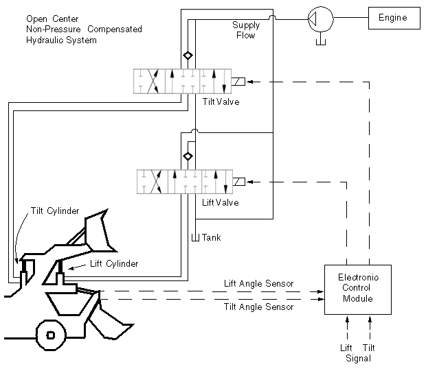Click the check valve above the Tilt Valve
[x=188, y=56]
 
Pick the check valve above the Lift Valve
[x=188, y=156]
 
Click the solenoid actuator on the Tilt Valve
[x=238, y=82]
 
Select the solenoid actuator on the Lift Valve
[x=239, y=182]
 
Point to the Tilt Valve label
[x=221, y=101]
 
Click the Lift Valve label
[x=221, y=202]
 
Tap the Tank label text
[x=212, y=237]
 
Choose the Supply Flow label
[x=246, y=30]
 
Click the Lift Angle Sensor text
[x=258, y=284]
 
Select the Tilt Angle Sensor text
[x=258, y=307]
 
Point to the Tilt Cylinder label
[x=55, y=211]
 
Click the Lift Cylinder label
[x=114, y=263]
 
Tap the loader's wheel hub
[x=51, y=335]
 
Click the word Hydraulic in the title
[x=45, y=40]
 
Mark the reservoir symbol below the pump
[x=321, y=41]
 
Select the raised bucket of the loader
[x=100, y=230]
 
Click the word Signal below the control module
[x=358, y=359]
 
